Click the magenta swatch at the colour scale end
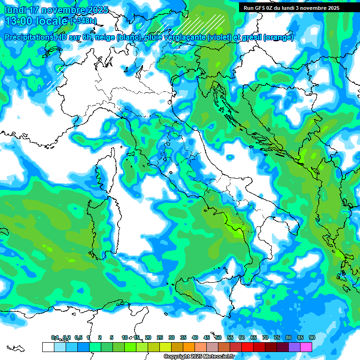tap(306, 347)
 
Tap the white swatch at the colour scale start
tap(48, 347)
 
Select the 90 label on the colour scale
tap(312, 337)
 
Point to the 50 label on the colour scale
tap(218, 337)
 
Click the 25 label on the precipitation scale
tap(159, 337)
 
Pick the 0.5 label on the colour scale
tap(78, 337)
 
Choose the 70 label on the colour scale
tap(265, 337)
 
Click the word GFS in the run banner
tap(261, 8)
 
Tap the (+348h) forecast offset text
tap(83, 21)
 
